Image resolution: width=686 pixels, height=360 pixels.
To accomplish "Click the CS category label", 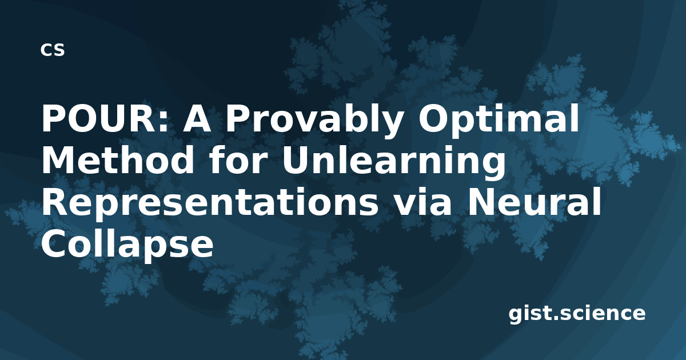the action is [53, 50].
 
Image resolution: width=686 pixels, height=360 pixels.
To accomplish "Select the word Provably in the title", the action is [314, 121].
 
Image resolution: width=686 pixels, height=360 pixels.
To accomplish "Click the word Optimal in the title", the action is [498, 121].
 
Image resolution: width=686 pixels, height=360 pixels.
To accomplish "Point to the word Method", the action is [118, 159].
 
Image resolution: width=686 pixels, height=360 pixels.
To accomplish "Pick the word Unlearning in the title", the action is [393, 163].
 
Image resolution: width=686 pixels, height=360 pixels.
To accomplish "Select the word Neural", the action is [533, 201].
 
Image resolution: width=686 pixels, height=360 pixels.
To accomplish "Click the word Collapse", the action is [127, 245].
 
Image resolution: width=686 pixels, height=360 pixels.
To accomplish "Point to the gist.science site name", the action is [577, 314].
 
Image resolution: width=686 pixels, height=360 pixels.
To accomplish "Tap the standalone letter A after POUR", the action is [197, 118].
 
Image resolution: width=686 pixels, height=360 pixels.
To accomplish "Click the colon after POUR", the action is [163, 122].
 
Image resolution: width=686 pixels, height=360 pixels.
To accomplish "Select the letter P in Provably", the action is [238, 118].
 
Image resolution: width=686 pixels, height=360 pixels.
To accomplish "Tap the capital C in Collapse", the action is [54, 242].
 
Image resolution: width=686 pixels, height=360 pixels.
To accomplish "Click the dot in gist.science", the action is [556, 318].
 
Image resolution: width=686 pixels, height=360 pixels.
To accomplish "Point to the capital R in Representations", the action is [55, 201].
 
